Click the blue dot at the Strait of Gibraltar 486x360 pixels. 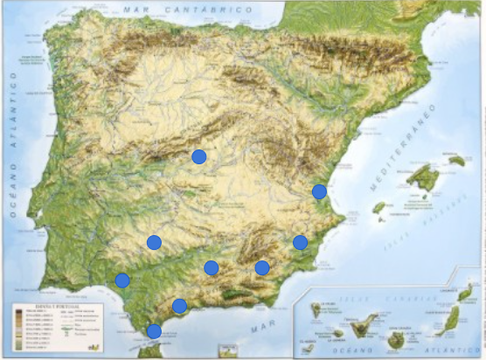coord(154,331)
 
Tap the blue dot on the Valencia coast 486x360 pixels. coord(320,191)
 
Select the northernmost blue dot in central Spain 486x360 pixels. coord(198,157)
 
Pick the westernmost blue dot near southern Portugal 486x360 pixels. coord(122,280)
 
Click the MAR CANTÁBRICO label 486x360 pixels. coord(188,9)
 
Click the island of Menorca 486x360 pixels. coord(456,160)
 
